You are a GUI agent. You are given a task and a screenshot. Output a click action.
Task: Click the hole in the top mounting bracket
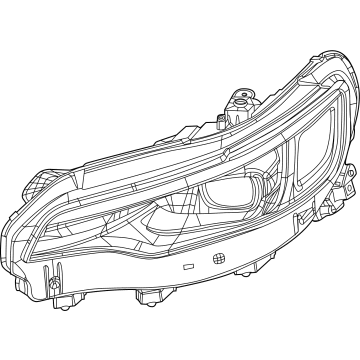pos(241,97)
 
